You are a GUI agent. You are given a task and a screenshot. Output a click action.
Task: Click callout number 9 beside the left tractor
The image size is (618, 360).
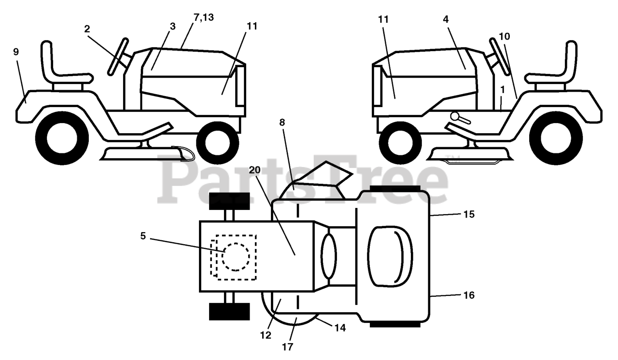tap(16, 52)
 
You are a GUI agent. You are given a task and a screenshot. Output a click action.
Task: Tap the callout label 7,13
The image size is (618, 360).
tap(203, 18)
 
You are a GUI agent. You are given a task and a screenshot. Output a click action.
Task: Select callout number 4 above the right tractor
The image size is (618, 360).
tap(445, 19)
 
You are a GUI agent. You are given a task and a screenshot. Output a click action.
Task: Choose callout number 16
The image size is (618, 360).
tap(468, 295)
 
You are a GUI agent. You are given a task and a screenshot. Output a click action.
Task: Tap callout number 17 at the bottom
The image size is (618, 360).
tap(287, 346)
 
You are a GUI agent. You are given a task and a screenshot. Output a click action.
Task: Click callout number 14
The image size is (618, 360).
tap(340, 328)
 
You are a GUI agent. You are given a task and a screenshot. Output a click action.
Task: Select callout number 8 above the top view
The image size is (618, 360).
tap(282, 122)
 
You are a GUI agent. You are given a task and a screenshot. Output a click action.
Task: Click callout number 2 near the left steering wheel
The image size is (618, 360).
tap(87, 29)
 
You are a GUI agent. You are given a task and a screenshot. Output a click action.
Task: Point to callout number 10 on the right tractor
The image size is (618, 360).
tap(504, 36)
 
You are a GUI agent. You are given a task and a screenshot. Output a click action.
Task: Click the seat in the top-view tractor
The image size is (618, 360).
tap(390, 255)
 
